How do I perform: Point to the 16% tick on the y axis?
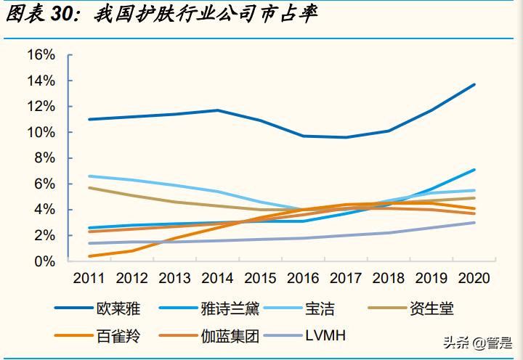pos(41,55)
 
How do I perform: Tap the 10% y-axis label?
pos(41,133)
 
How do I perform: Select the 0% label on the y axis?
pos(45,261)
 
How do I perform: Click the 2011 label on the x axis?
pos(89,278)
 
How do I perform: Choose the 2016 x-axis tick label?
pos(303,278)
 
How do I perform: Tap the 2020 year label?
pos(474,278)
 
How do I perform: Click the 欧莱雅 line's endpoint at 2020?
pos(474,84)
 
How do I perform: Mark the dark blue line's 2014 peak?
pos(217,110)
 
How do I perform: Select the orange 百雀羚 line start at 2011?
pos(89,256)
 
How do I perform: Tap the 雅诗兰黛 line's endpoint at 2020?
pos(474,170)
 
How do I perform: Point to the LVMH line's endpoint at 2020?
pos(474,222)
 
